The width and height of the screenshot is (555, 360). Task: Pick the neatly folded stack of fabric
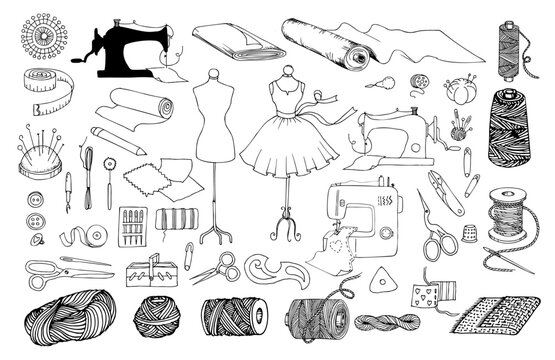[x=228, y=41]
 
